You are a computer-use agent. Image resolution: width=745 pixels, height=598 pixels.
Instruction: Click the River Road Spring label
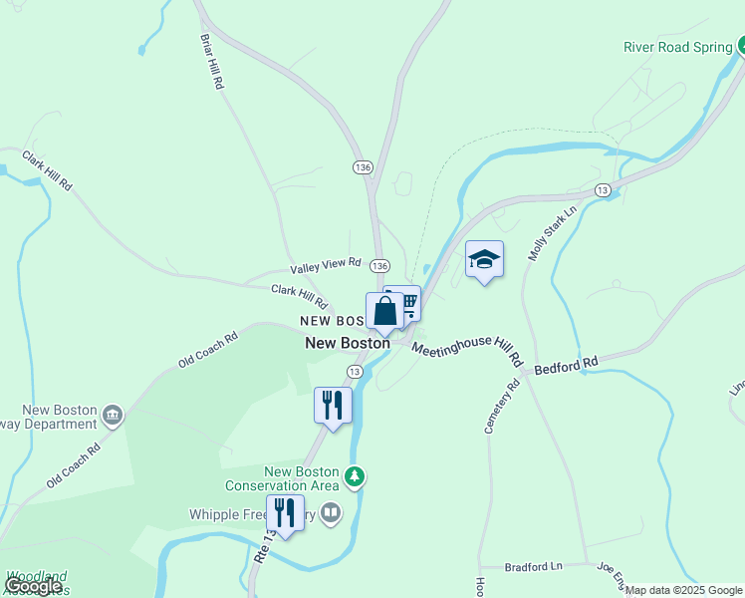coord(677,47)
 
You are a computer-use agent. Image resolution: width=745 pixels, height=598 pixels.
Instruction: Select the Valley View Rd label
coord(326,265)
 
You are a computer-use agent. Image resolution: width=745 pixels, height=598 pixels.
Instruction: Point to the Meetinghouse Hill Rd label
coord(467,349)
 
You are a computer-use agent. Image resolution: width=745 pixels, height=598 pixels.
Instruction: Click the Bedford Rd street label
coord(566,365)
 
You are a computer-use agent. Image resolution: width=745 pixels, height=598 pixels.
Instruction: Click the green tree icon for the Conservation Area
coord(355,478)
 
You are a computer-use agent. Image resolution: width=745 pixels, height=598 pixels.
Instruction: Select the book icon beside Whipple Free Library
coord(331,514)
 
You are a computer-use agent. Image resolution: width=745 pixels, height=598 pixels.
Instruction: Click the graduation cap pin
coord(484,260)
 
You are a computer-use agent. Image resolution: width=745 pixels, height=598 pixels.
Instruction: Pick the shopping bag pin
coord(385,311)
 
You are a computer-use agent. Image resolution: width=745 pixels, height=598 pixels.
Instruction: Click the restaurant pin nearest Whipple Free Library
coord(286,513)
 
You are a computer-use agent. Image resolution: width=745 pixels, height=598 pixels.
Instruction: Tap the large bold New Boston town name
coord(348,343)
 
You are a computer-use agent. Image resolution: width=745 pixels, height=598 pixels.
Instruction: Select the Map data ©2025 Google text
coord(684,590)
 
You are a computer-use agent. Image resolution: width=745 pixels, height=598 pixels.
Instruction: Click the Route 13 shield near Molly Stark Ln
coord(603,189)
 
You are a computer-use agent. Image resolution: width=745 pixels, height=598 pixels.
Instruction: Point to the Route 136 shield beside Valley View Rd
coord(379,266)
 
